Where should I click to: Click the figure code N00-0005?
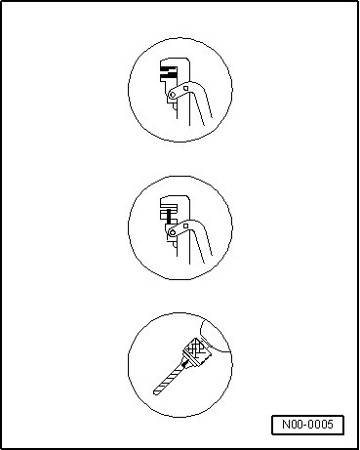(x=307, y=425)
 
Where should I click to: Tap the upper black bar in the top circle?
(x=169, y=69)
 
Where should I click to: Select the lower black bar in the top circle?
(x=169, y=76)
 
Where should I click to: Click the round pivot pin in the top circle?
(x=173, y=95)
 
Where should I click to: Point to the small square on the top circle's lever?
(x=185, y=88)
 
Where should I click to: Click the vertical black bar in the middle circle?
(x=169, y=216)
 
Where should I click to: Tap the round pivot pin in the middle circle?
(x=173, y=232)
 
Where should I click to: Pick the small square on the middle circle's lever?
(x=185, y=225)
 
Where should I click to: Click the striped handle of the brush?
(x=170, y=379)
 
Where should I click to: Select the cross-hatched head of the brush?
(x=198, y=350)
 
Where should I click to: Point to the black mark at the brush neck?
(x=185, y=364)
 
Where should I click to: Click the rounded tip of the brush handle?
(x=155, y=392)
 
